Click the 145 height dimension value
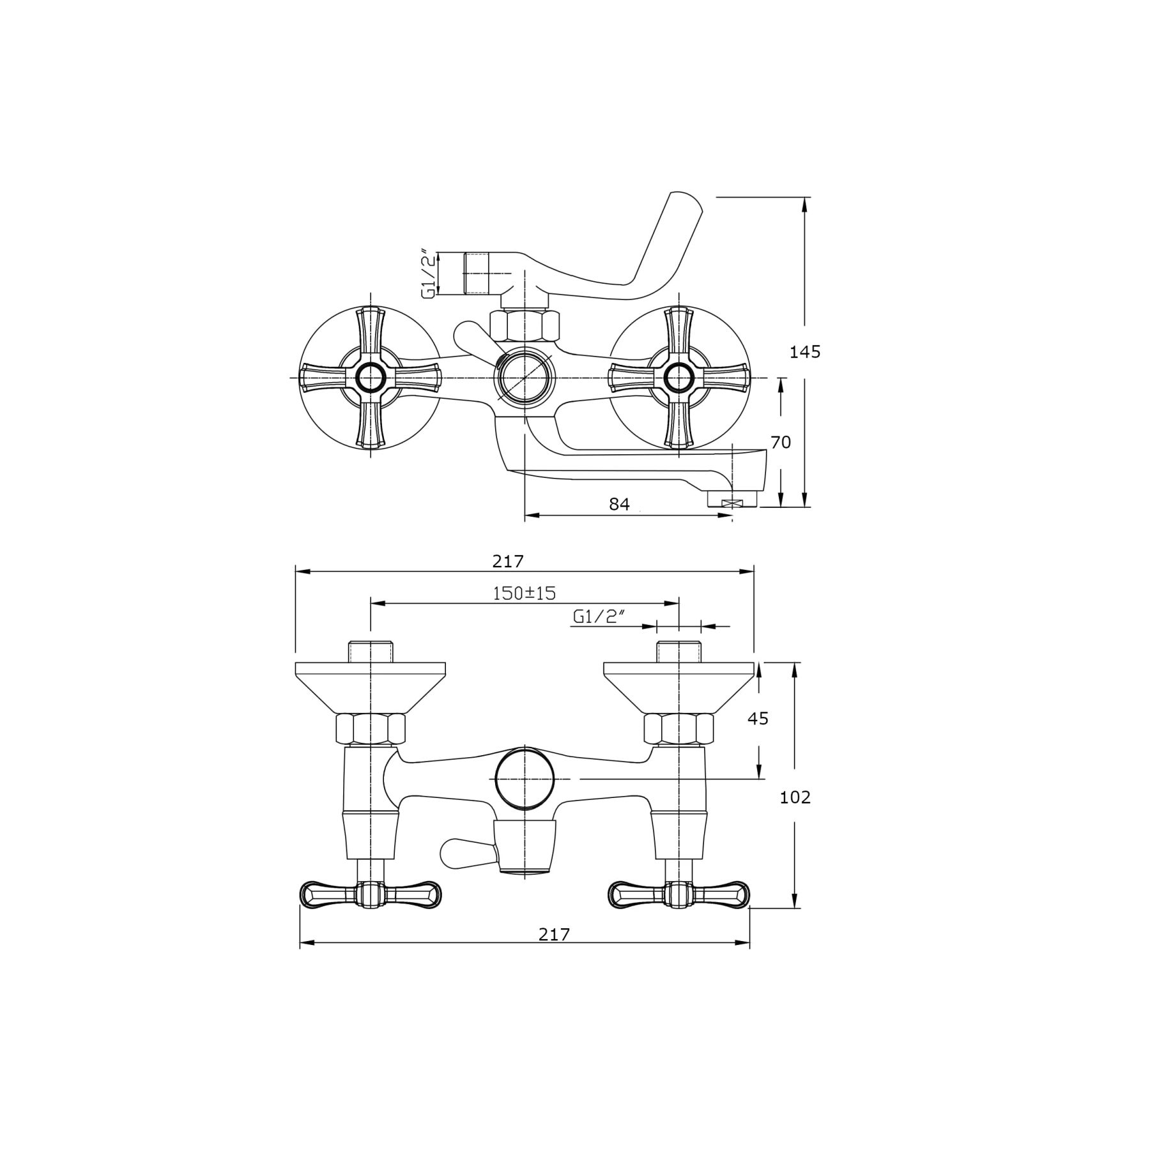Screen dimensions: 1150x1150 (x=805, y=351)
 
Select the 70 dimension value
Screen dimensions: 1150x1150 (x=781, y=442)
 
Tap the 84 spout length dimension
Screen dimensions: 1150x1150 (x=619, y=504)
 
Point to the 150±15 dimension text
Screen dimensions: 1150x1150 (x=524, y=593)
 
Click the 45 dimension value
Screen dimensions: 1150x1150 (x=758, y=718)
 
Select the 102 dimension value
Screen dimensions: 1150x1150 (x=795, y=797)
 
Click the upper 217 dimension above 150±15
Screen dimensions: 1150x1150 (x=508, y=561)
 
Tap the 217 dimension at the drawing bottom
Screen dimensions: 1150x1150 (x=553, y=934)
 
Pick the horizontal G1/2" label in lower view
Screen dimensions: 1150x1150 (x=598, y=617)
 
